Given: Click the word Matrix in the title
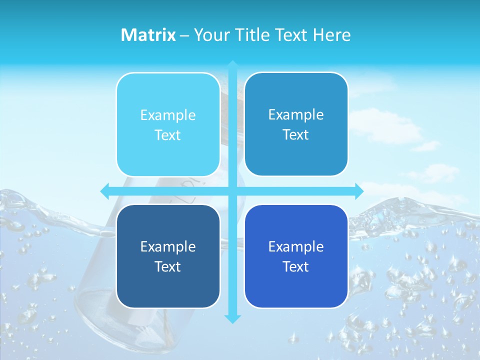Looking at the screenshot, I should [148, 35].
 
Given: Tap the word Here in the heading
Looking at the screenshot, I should [331, 35].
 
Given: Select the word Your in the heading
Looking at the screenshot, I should [210, 35].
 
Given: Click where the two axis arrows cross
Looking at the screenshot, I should [232, 191].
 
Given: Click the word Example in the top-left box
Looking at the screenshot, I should [168, 115].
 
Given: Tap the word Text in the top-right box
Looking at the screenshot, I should [296, 135].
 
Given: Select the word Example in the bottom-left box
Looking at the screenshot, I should [168, 247].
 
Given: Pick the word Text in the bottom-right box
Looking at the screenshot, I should [296, 267].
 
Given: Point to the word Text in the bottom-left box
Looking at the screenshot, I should [168, 267].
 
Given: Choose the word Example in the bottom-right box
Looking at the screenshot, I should [296, 247].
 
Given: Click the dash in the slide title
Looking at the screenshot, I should [184, 35].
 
